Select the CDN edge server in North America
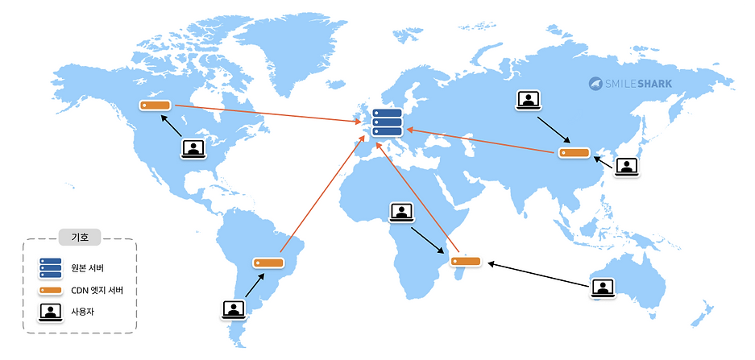pyautogui.click(x=155, y=106)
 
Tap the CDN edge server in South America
pyautogui.click(x=268, y=263)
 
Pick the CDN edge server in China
pyautogui.click(x=575, y=152)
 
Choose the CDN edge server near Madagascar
pyautogui.click(x=466, y=260)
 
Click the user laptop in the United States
pyautogui.click(x=193, y=148)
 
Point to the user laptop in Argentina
pyautogui.click(x=233, y=308)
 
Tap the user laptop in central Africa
pyautogui.click(x=401, y=213)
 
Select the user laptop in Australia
pyautogui.click(x=604, y=288)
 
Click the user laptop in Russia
pyautogui.click(x=527, y=101)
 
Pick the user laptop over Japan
pyautogui.click(x=626, y=167)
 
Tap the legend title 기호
pyautogui.click(x=80, y=237)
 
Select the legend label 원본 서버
pyautogui.click(x=88, y=267)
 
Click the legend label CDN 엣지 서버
pyautogui.click(x=97, y=290)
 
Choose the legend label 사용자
pyautogui.click(x=83, y=311)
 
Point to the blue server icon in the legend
pyautogui.click(x=51, y=267)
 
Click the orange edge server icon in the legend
pyautogui.click(x=51, y=290)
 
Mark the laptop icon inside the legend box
pyautogui.click(x=51, y=311)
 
